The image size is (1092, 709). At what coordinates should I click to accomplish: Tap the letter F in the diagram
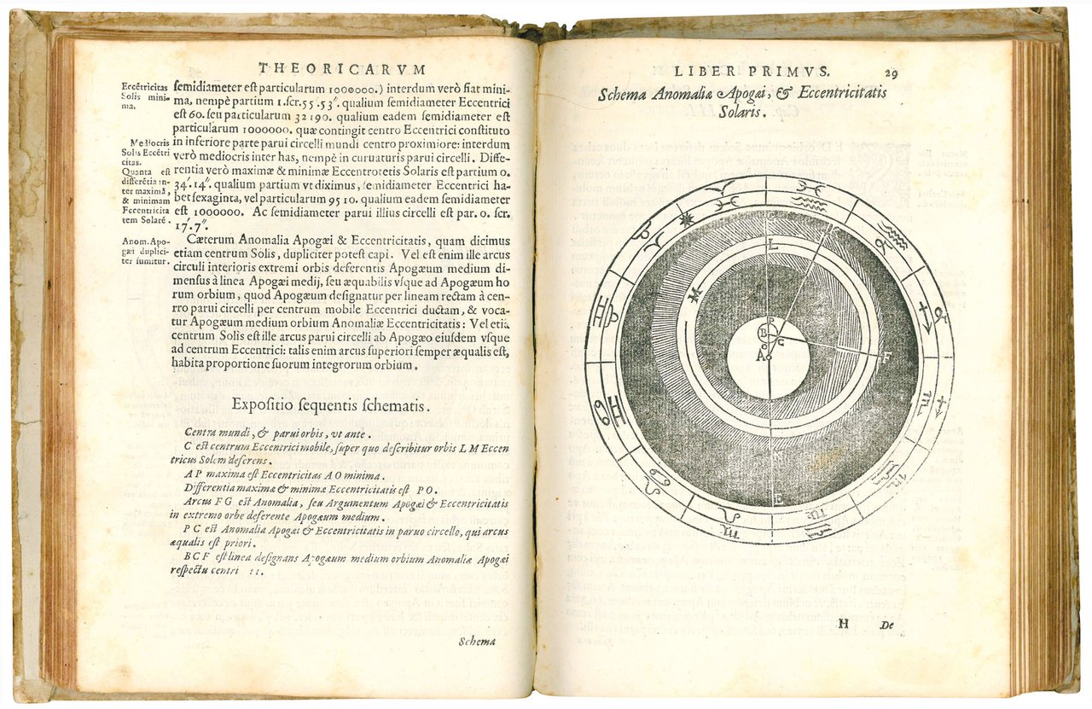[x=887, y=355]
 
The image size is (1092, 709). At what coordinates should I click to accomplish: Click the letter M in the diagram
[x=694, y=294]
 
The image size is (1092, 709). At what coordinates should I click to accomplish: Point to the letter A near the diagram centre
[x=758, y=357]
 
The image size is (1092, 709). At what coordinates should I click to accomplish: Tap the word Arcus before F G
[x=200, y=503]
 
